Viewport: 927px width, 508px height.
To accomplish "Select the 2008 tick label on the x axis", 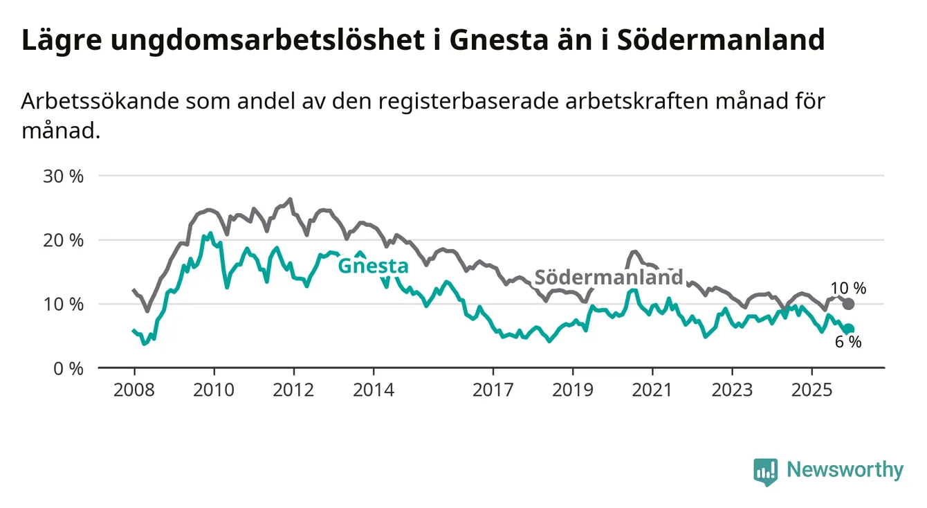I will click(134, 390).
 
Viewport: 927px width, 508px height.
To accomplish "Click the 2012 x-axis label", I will click(293, 390).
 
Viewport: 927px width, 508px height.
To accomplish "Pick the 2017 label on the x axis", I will click(493, 390).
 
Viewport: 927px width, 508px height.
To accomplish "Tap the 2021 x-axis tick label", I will click(652, 390).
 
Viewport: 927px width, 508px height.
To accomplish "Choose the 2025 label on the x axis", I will click(812, 390).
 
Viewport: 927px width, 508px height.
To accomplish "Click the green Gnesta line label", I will click(373, 266).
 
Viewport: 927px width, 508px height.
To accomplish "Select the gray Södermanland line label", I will click(609, 278).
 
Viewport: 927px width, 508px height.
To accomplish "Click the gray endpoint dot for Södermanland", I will click(849, 304).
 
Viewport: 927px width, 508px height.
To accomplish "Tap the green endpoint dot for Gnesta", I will click(849, 329).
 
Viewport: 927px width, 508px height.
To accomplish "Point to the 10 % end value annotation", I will click(848, 289).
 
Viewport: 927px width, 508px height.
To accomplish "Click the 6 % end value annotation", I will click(848, 342).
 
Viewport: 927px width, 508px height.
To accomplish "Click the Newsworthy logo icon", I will click(765, 472).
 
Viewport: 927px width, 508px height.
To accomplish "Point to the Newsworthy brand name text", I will click(845, 471).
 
